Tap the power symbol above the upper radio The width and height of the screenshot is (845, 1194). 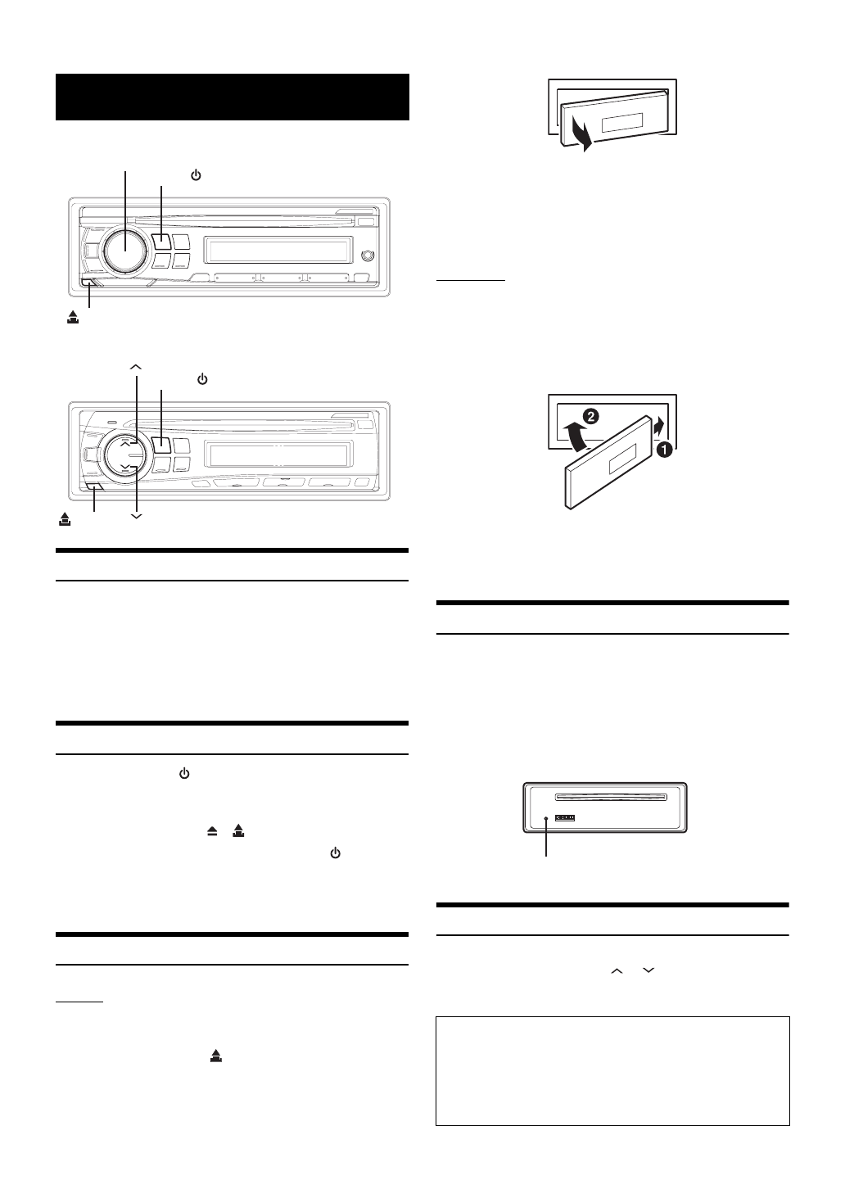(196, 175)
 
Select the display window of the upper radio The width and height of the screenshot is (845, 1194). (278, 248)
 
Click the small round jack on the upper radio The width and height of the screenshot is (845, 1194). (368, 256)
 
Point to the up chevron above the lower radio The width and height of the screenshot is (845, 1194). (136, 366)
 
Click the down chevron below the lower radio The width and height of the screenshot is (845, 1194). (136, 516)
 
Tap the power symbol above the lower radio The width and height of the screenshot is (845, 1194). (202, 380)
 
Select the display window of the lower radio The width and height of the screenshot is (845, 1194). (278, 455)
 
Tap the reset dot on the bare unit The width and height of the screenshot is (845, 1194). (546, 818)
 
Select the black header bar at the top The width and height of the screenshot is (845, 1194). (232, 97)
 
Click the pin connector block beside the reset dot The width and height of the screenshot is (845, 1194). (565, 817)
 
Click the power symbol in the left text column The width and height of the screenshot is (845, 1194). (184, 773)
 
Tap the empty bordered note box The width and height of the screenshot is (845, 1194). (612, 1071)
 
